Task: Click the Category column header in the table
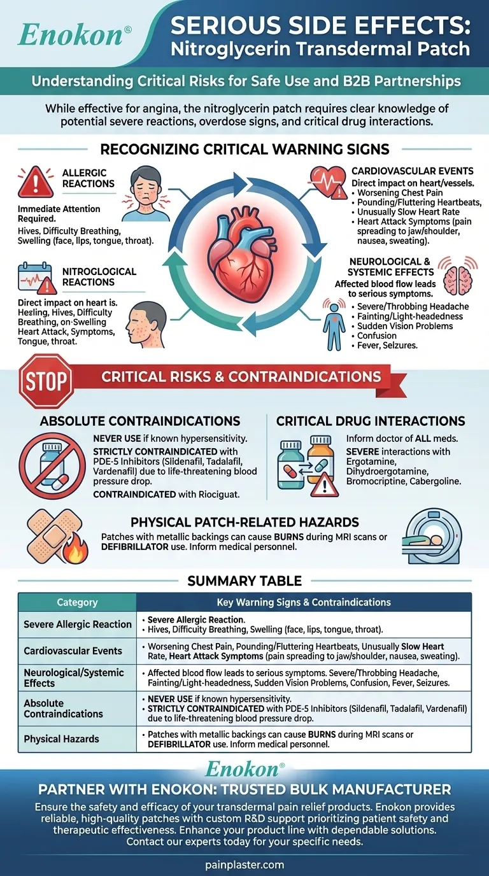77,602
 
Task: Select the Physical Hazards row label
61,739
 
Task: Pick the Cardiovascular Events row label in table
73,651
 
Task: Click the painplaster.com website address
244,865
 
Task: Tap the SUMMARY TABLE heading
244,581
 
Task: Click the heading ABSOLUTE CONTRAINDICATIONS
140,421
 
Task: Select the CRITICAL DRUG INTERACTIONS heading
371,421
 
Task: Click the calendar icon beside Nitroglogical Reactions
34,278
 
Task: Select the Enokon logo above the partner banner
244,770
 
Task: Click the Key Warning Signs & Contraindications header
304,602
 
